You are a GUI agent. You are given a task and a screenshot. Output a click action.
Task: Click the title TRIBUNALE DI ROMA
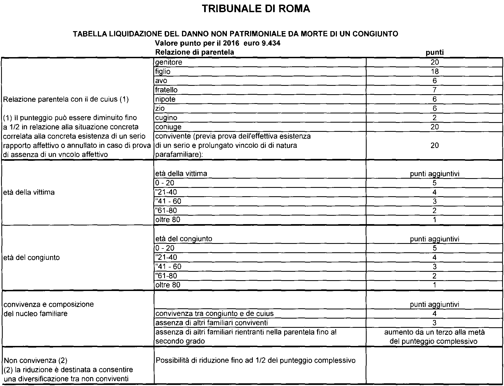[x=256, y=9]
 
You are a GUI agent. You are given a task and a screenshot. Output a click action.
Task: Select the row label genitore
[x=169, y=62]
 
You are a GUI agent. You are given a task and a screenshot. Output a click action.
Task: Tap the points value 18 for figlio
[x=435, y=71]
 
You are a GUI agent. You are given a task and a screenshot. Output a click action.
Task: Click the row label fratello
[x=166, y=90]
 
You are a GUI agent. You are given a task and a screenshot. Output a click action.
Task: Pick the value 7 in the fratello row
[x=435, y=90]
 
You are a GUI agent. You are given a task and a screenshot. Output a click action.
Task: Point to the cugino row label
[x=166, y=118]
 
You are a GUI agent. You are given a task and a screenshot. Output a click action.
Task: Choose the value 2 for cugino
[x=435, y=118]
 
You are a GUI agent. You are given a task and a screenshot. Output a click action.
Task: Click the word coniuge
[x=168, y=127]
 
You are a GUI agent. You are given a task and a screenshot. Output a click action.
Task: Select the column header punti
[x=435, y=52]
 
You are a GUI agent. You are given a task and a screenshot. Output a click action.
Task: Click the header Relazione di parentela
[x=195, y=52]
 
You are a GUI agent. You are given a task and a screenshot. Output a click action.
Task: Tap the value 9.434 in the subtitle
[x=271, y=43]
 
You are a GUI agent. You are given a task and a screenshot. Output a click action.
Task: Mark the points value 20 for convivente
[x=435, y=145]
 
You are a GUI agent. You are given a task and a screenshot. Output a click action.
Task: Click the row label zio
[x=160, y=109]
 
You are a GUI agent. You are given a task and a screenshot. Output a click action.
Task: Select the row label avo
[x=161, y=81]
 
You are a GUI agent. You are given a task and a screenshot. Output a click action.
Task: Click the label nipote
[x=165, y=99]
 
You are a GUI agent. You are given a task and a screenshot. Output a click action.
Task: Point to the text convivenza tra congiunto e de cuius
[x=215, y=313]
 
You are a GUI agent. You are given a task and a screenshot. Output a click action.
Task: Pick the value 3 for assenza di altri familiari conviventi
[x=435, y=323]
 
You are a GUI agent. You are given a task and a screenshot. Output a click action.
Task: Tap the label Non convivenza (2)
[x=35, y=361]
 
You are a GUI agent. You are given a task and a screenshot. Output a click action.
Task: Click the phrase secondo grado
[x=180, y=341]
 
